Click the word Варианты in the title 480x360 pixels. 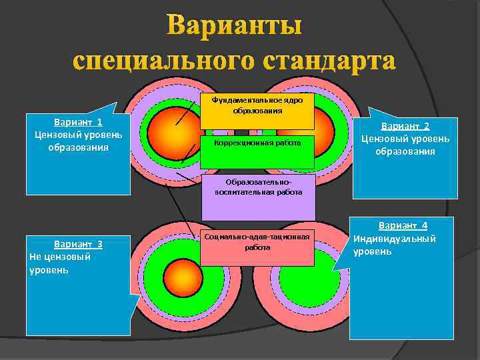click(x=234, y=27)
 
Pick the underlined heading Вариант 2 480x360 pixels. click(x=405, y=126)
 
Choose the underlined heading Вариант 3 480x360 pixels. click(x=78, y=243)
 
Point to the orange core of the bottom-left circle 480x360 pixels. click(x=178, y=274)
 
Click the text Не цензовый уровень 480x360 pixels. click(x=60, y=263)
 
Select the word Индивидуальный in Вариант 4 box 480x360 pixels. click(x=395, y=239)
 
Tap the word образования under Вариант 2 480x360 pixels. click(x=405, y=151)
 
